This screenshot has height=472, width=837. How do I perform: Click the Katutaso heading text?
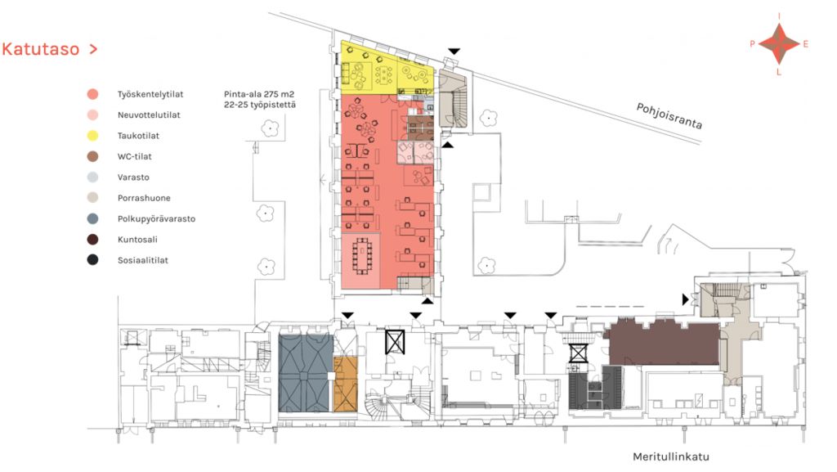[41, 49]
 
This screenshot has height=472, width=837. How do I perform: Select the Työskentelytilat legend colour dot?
[93, 95]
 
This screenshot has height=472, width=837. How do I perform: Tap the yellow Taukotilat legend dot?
[93, 136]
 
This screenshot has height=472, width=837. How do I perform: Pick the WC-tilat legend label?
[135, 156]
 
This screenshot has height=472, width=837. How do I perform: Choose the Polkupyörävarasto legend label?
[156, 219]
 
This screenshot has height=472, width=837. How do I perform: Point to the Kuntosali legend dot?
[93, 240]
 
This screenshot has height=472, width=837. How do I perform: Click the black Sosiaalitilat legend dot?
[93, 261]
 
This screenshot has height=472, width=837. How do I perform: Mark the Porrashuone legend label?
[144, 198]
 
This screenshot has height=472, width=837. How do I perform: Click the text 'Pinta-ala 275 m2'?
[259, 95]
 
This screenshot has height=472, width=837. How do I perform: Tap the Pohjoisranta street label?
[669, 116]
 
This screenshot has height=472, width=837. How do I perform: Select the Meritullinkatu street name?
[671, 456]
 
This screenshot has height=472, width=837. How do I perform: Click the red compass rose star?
[779, 44]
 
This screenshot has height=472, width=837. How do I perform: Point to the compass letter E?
[805, 44]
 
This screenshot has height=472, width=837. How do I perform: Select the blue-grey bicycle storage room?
[305, 373]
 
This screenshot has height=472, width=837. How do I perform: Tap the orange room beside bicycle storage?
[346, 384]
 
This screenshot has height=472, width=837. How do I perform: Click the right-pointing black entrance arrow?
[686, 299]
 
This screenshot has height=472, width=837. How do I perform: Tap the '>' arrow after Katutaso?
[93, 49]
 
